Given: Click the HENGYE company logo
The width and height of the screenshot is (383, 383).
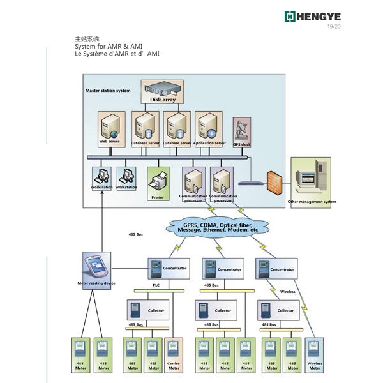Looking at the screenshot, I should click(315, 16).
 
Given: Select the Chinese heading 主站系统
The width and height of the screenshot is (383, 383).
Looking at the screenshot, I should click(87, 40).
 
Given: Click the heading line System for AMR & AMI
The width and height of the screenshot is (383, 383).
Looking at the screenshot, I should click(109, 47).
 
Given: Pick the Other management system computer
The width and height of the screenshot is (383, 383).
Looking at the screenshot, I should click(313, 177).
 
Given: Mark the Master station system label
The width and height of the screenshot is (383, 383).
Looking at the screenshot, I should click(108, 91).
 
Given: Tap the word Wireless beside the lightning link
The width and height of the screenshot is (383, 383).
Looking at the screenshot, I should click(289, 292).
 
